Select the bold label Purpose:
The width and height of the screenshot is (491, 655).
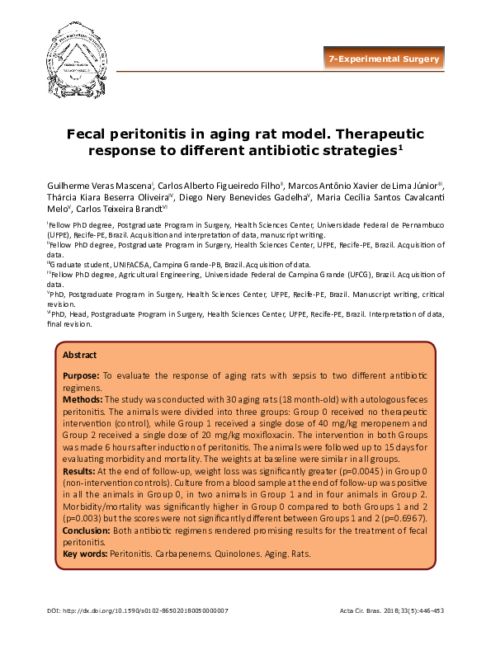(x=83, y=375)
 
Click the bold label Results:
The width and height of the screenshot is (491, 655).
(x=81, y=470)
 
